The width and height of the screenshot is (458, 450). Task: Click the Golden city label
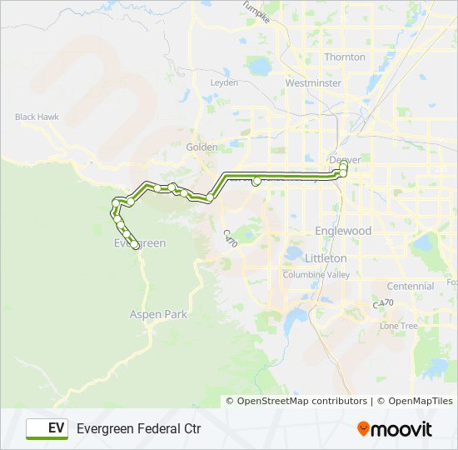click(x=202, y=147)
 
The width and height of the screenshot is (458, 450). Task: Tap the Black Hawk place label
click(x=37, y=117)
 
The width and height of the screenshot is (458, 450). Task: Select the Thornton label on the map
click(x=345, y=57)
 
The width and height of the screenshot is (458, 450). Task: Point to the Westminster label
click(x=312, y=83)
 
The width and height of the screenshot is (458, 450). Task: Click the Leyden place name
click(x=224, y=83)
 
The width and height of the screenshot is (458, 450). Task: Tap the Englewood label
click(x=343, y=231)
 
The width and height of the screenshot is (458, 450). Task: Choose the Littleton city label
click(x=326, y=258)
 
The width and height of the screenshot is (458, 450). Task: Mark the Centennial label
click(x=410, y=286)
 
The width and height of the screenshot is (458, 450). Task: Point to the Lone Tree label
click(x=398, y=326)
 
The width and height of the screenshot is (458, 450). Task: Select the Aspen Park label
click(x=158, y=315)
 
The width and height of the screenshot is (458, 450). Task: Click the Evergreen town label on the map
click(x=139, y=243)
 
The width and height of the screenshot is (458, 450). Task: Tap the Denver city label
click(x=345, y=159)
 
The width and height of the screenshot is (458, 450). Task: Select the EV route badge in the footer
click(x=47, y=428)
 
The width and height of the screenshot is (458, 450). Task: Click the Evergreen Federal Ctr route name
click(x=139, y=428)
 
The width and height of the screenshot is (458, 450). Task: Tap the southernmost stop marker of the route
click(x=135, y=245)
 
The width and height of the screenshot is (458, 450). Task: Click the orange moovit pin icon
click(x=363, y=428)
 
